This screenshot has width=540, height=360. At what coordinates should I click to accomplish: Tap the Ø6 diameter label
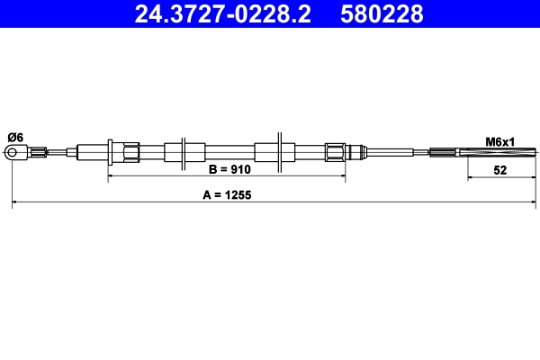(x=15, y=136)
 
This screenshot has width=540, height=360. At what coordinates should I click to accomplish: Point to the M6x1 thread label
(x=500, y=141)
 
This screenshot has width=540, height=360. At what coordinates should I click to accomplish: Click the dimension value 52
(x=500, y=169)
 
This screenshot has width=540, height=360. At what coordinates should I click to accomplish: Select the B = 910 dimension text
(x=229, y=169)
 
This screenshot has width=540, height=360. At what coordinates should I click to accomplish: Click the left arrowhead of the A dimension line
(x=15, y=206)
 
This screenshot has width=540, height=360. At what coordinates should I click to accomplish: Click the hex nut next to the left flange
(x=126, y=152)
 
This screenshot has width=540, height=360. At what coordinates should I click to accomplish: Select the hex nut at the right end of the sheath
(x=335, y=152)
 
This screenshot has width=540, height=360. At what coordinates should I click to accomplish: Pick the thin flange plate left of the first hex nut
(x=109, y=152)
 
